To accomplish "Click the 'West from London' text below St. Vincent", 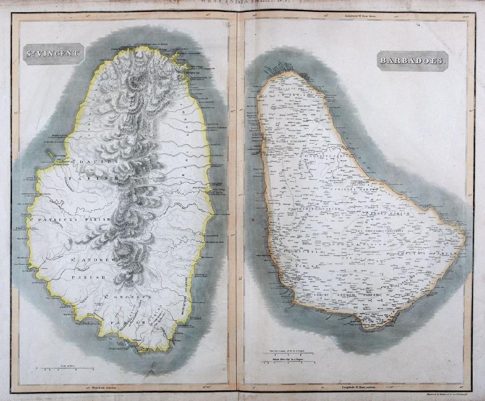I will pyautogui.click(x=104, y=388).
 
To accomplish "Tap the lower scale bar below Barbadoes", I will pyautogui.click(x=289, y=362).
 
